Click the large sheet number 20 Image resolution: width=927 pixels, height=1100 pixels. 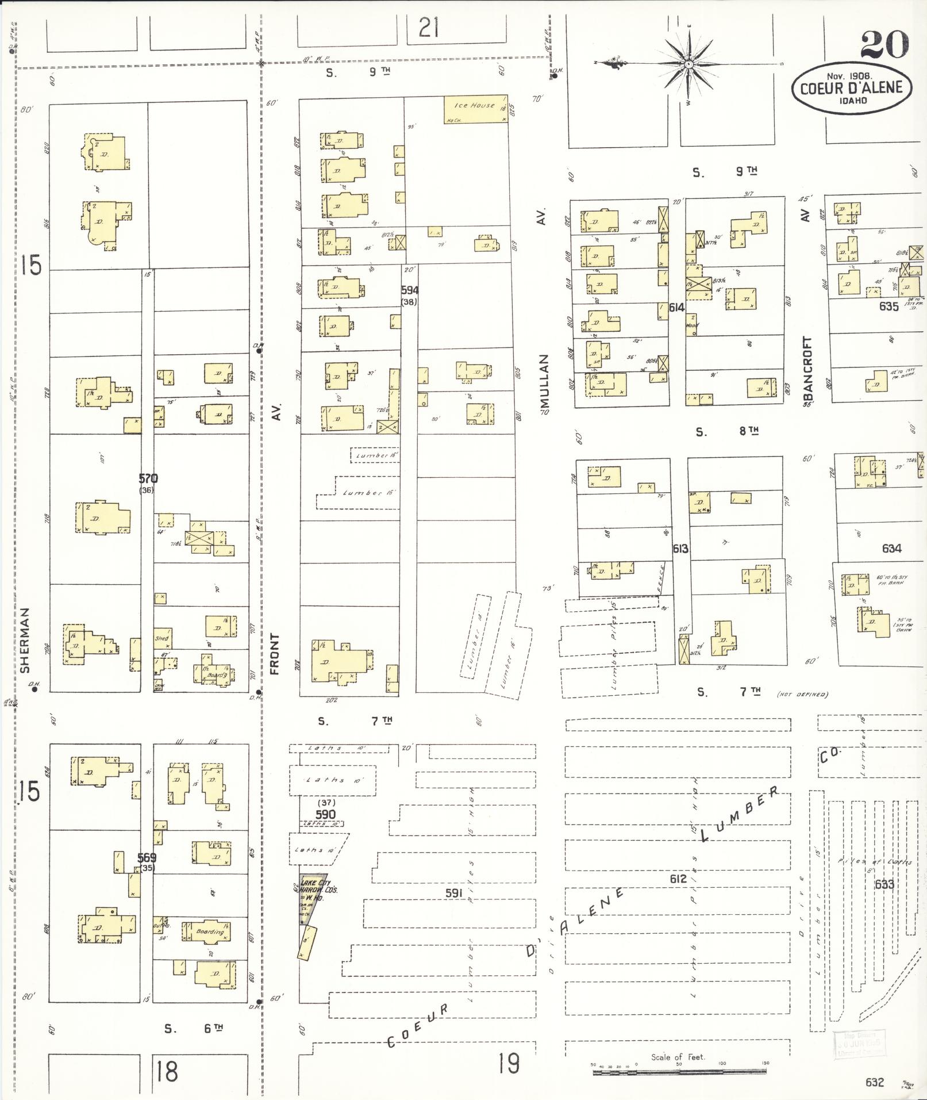(x=885, y=44)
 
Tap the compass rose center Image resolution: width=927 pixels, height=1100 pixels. (x=688, y=64)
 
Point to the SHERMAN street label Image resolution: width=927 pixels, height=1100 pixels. (x=24, y=641)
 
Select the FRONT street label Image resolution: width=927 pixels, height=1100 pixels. (x=275, y=654)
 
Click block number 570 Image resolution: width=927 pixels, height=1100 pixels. (x=148, y=478)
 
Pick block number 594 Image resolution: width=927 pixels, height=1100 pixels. (x=410, y=290)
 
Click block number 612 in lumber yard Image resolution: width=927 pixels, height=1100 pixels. (x=678, y=879)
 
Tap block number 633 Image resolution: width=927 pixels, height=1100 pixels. (x=884, y=884)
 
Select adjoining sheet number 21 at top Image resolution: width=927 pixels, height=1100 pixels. (x=428, y=28)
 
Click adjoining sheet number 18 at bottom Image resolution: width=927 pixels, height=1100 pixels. (x=167, y=1071)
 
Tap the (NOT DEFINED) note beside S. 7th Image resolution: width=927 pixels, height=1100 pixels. (x=802, y=694)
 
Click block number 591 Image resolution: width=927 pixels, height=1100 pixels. (x=454, y=893)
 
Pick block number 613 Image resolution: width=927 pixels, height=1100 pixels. (x=680, y=549)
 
